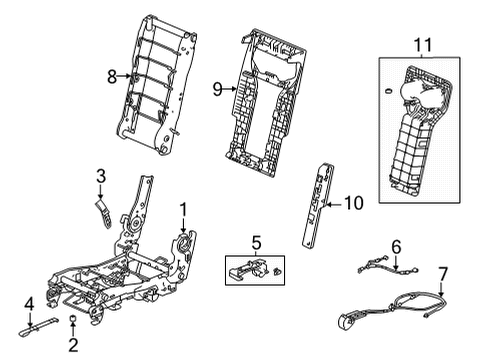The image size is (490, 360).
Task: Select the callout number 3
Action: [100, 178]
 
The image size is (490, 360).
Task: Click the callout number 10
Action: [350, 203]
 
